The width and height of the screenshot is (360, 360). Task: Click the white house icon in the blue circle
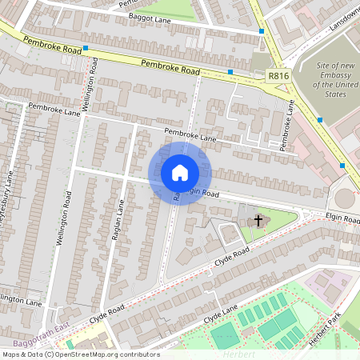(x=180, y=172)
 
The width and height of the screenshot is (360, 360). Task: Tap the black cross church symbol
(x=258, y=219)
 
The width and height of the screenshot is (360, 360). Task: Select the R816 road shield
(x=278, y=76)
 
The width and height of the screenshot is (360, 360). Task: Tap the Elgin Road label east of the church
(x=342, y=217)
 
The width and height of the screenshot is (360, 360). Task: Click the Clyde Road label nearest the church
(x=232, y=257)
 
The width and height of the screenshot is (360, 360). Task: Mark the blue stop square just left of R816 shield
(x=230, y=72)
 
